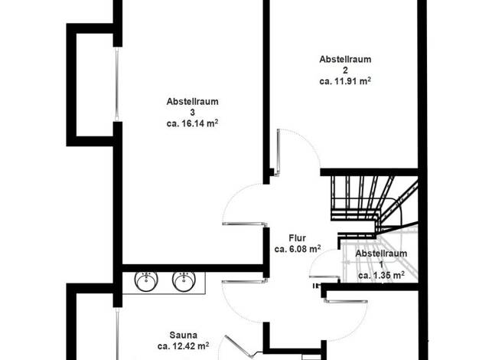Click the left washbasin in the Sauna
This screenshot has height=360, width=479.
(146, 281)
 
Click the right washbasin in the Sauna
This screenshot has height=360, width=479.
(184, 281)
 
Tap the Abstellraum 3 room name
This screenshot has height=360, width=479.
(193, 106)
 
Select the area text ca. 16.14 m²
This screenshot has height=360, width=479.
(193, 123)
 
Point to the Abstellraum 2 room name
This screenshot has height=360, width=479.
(345, 64)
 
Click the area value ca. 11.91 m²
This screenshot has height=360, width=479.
(345, 81)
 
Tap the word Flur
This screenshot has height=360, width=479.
(297, 238)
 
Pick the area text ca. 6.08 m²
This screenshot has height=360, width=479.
(298, 249)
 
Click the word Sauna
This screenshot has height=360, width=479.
(184, 335)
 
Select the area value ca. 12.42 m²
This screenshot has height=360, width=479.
(184, 346)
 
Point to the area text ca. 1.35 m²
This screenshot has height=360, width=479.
(382, 275)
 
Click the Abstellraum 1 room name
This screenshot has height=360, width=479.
(381, 259)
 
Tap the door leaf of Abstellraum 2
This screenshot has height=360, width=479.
(279, 152)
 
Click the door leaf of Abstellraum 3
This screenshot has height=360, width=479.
(244, 224)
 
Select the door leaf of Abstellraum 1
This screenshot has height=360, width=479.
(324, 277)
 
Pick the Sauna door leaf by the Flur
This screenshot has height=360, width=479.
(244, 281)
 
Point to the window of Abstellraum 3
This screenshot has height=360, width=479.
(117, 84)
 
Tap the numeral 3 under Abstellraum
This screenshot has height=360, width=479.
(193, 113)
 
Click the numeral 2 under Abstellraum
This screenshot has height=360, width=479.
(345, 70)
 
